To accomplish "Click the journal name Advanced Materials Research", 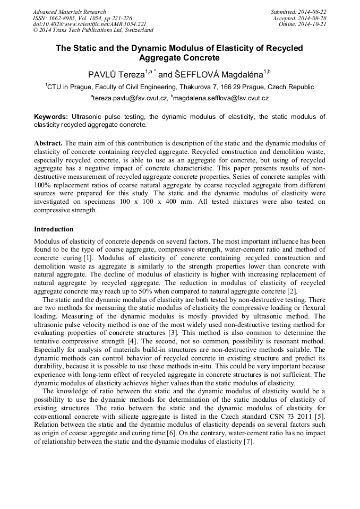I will click(69, 12).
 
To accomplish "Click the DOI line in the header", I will click(90, 24).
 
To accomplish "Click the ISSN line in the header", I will click(82, 18).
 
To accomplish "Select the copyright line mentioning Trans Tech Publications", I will click(93, 30).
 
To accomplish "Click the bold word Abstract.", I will click(48, 143).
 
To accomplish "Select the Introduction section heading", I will click(54, 229).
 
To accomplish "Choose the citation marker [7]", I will click(248, 442).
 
